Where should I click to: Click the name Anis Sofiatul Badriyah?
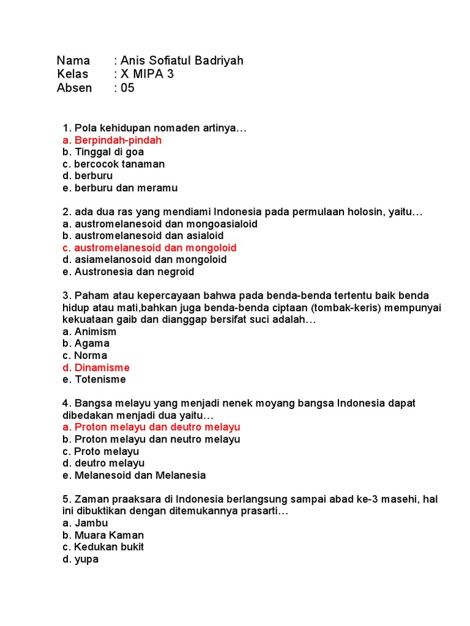[182, 61]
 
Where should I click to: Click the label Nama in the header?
[73, 61]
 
